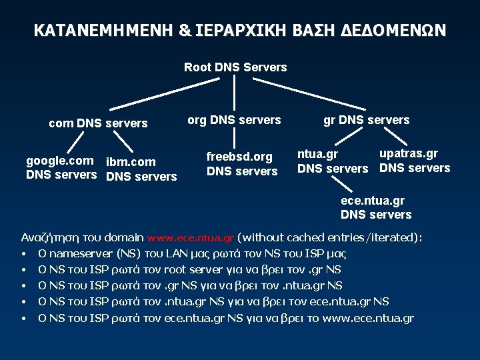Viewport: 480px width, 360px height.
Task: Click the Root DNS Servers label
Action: tap(235, 67)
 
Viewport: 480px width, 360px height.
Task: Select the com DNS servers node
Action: tap(98, 123)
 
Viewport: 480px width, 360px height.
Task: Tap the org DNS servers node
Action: tap(234, 120)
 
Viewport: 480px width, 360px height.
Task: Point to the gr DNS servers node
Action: tap(366, 120)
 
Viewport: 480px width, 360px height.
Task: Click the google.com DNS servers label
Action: tap(61, 168)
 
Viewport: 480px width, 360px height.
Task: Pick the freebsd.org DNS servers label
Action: tap(241, 164)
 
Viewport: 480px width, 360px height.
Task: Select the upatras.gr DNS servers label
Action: tap(415, 161)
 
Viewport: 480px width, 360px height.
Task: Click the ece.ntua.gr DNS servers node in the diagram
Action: tap(376, 207)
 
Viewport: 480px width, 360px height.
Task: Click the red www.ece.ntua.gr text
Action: tap(191, 237)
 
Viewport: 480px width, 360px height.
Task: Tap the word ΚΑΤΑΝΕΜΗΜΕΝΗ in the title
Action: tap(103, 31)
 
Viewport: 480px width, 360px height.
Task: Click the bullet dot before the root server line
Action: tap(23, 270)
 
